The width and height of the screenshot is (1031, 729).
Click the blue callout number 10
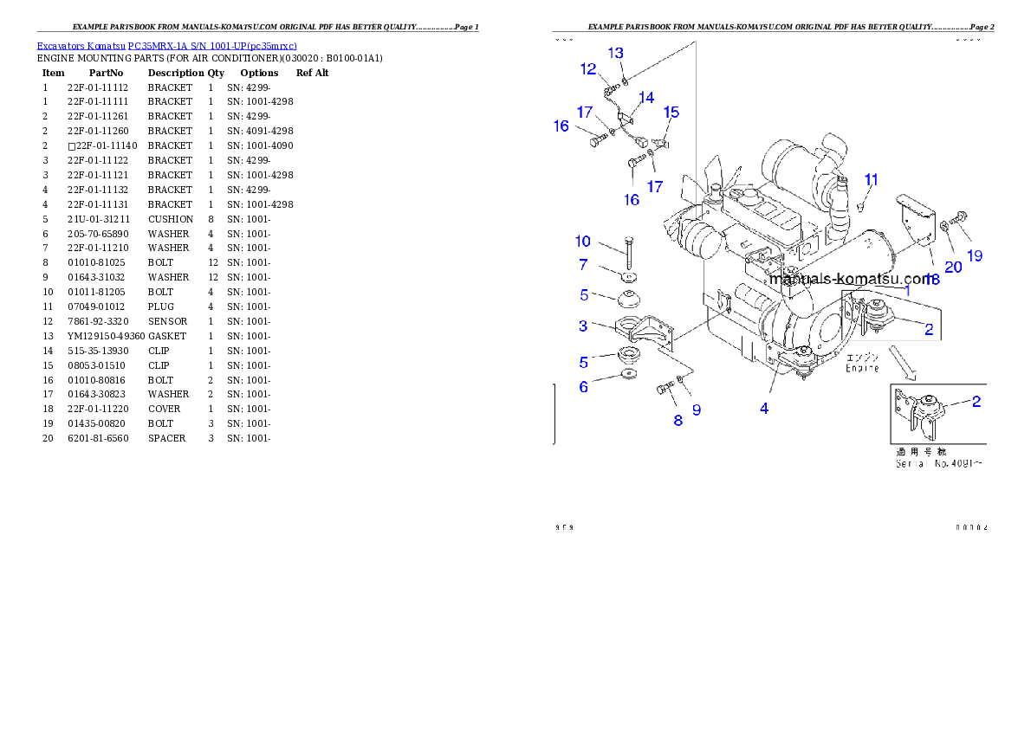coord(582,241)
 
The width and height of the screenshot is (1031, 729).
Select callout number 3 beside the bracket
coord(583,326)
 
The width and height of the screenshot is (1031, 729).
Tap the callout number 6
coord(583,387)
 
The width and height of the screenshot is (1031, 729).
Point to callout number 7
coord(583,265)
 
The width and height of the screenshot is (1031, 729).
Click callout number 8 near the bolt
coord(678,420)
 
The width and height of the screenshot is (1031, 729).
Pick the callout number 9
coord(696,410)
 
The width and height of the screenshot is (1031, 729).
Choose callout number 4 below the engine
coord(764,409)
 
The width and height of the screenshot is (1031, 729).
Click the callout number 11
coord(871,180)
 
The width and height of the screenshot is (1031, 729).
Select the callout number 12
coord(588,69)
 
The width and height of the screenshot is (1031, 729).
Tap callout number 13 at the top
coord(615,53)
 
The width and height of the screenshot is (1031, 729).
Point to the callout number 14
coord(646,98)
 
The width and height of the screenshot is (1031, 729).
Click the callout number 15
coord(671,113)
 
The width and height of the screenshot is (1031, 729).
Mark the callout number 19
coord(975,255)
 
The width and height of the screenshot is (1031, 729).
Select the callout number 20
coord(953,268)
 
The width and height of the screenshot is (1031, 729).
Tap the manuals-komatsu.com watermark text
coord(849,279)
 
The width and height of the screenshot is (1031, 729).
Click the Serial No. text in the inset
coord(938,464)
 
